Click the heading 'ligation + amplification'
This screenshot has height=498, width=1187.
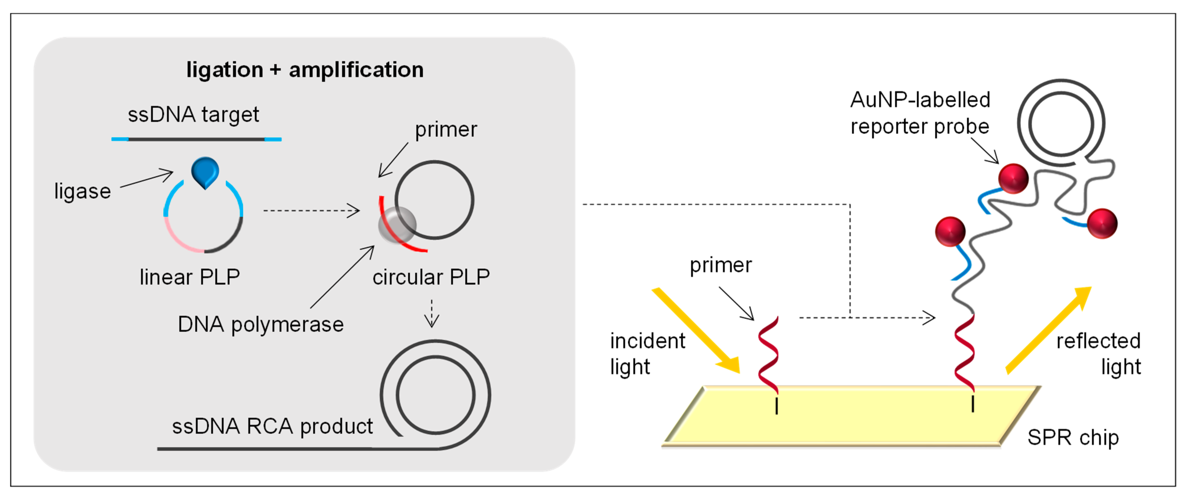[304, 70]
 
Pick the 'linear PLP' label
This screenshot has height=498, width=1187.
[190, 277]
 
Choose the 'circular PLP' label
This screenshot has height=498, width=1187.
[431, 277]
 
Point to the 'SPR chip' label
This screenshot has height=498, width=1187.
[1073, 437]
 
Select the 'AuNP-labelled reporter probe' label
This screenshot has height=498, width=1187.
[920, 113]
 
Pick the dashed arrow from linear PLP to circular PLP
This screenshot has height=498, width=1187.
[311, 210]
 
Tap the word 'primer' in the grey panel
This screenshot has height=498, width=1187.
[446, 129]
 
